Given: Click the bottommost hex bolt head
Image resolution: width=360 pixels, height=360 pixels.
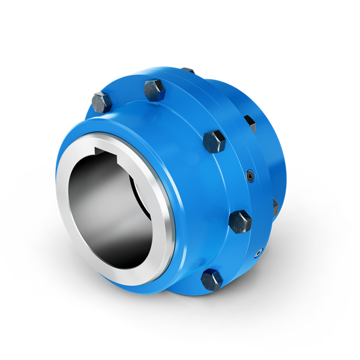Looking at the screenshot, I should pos(212,279).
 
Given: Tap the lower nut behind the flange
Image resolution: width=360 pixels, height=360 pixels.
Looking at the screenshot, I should pos(275,206).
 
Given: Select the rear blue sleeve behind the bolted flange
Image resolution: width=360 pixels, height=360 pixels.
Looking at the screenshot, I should pos(282,150).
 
